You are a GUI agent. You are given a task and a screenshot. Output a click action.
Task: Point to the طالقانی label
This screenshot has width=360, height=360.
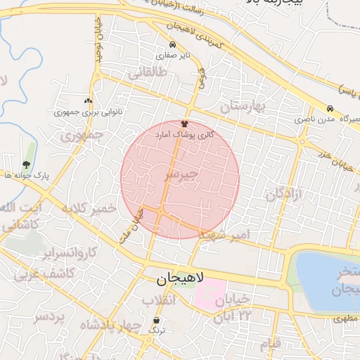[147, 72]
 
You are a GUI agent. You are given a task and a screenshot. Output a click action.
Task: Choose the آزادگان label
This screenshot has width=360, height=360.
[283, 194]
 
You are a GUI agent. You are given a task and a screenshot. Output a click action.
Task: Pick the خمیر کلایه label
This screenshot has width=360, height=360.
[88, 208]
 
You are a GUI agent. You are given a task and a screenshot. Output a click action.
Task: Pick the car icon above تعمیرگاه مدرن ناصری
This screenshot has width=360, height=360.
[330, 108]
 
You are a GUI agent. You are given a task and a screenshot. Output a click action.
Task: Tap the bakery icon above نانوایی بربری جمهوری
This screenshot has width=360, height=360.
[88, 101]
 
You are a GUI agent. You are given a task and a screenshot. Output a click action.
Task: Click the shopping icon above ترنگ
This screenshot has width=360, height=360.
[155, 320]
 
